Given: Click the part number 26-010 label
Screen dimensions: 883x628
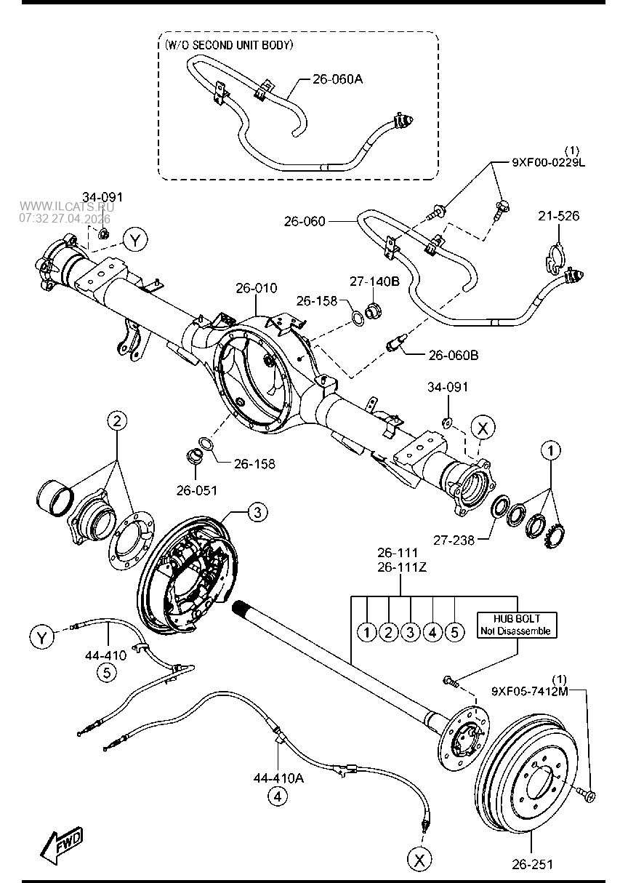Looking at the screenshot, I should point(256,289).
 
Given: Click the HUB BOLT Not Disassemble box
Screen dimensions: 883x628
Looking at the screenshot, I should point(514,625).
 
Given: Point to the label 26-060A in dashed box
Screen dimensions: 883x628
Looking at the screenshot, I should point(337,79).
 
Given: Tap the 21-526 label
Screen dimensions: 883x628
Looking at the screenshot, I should point(558,216).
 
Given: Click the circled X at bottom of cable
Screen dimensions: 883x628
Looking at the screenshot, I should point(419,860).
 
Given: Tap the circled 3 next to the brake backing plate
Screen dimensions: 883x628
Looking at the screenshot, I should point(257,513).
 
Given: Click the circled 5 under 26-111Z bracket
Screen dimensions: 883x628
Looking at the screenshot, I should point(454,631).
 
